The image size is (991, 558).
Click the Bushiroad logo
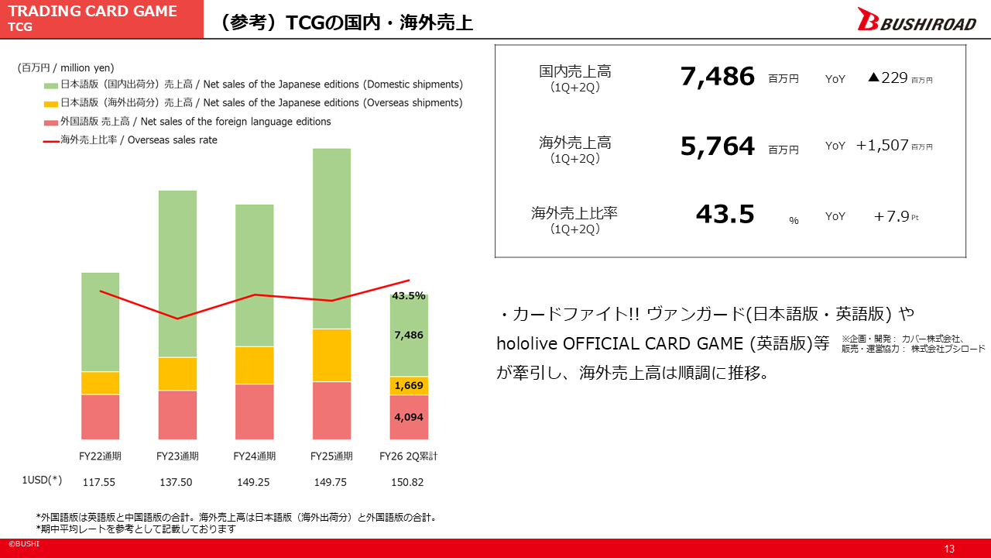pos(916,20)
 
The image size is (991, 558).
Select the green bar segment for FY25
pos(331,238)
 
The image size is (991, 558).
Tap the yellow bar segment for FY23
pos(177,374)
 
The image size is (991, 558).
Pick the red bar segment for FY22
pos(100,417)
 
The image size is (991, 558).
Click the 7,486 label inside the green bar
pos(409,335)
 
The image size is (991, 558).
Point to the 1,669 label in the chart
pos(409,385)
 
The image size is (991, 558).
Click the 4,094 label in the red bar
pos(409,417)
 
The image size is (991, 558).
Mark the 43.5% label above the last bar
pos(409,295)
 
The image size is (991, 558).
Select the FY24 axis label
pos(255,456)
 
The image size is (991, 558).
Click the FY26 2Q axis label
pos(409,456)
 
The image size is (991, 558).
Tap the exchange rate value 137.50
pos(176,482)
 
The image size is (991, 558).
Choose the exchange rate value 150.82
pos(407,482)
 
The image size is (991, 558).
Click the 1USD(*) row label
pos(42,480)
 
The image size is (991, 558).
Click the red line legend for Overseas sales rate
pos(51,141)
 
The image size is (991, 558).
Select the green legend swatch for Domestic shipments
pos(51,84)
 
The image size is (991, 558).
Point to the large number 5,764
pos(717,146)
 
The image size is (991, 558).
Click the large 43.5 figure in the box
pos(725,214)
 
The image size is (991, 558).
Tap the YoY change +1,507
pos(882,145)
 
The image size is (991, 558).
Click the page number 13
pos(948,549)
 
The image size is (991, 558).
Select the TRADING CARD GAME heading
pos(92,12)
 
